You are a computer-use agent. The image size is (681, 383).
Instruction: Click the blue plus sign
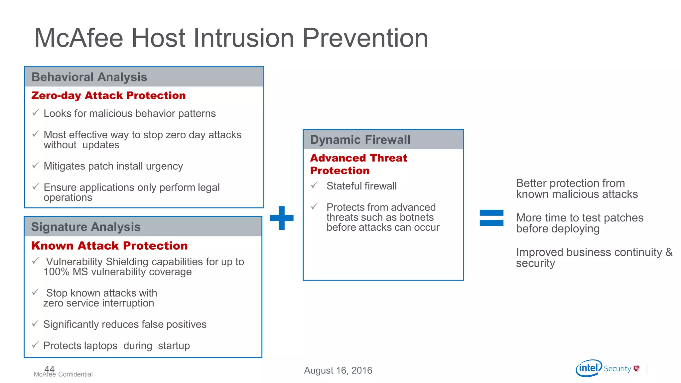click(282, 218)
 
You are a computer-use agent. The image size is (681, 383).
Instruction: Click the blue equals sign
click(491, 218)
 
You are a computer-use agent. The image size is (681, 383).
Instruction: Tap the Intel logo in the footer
click(589, 368)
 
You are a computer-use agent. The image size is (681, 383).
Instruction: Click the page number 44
click(49, 369)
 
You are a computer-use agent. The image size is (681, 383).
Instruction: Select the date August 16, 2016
click(338, 370)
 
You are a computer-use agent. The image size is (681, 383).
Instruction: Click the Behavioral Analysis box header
click(89, 77)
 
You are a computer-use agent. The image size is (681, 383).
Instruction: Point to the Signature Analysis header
click(86, 227)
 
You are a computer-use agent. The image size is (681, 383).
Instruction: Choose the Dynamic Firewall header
click(360, 140)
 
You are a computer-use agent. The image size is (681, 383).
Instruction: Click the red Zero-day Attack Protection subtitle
click(108, 96)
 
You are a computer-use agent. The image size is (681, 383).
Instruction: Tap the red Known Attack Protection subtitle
click(109, 246)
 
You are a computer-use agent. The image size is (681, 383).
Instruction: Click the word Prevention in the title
click(365, 38)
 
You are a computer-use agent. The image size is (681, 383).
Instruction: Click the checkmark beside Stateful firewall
click(314, 185)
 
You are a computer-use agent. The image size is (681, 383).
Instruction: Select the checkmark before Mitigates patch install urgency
click(36, 165)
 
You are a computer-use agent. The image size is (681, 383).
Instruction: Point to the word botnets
click(417, 217)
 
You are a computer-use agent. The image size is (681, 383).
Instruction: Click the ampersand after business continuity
click(669, 252)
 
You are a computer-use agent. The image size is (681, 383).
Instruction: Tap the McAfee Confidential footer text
click(63, 374)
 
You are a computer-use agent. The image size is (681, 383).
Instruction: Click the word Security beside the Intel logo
click(617, 369)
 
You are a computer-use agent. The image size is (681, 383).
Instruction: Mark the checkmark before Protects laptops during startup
click(35, 345)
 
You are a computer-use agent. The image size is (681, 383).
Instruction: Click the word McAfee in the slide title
click(78, 38)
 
